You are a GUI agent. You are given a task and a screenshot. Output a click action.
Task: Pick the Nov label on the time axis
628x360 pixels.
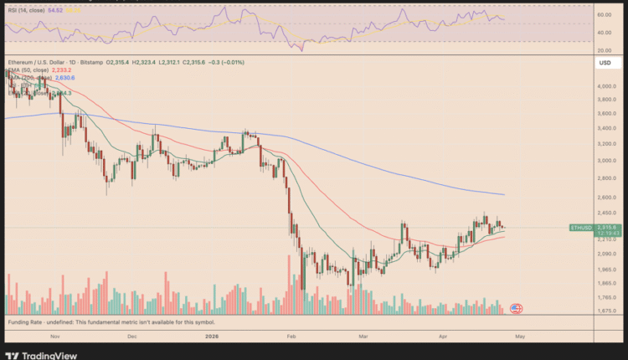[x=54, y=336]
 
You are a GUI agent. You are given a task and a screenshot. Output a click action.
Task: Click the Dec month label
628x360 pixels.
[x=131, y=336]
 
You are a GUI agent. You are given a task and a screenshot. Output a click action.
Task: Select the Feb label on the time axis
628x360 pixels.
[x=291, y=336]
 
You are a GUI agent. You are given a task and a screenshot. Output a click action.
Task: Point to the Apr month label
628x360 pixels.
[x=442, y=336]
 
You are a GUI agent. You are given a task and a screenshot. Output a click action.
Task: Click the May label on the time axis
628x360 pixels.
[x=520, y=336]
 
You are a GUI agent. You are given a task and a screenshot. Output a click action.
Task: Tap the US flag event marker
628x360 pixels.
[x=516, y=309]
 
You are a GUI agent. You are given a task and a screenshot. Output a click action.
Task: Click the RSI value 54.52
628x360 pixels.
[x=56, y=11]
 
